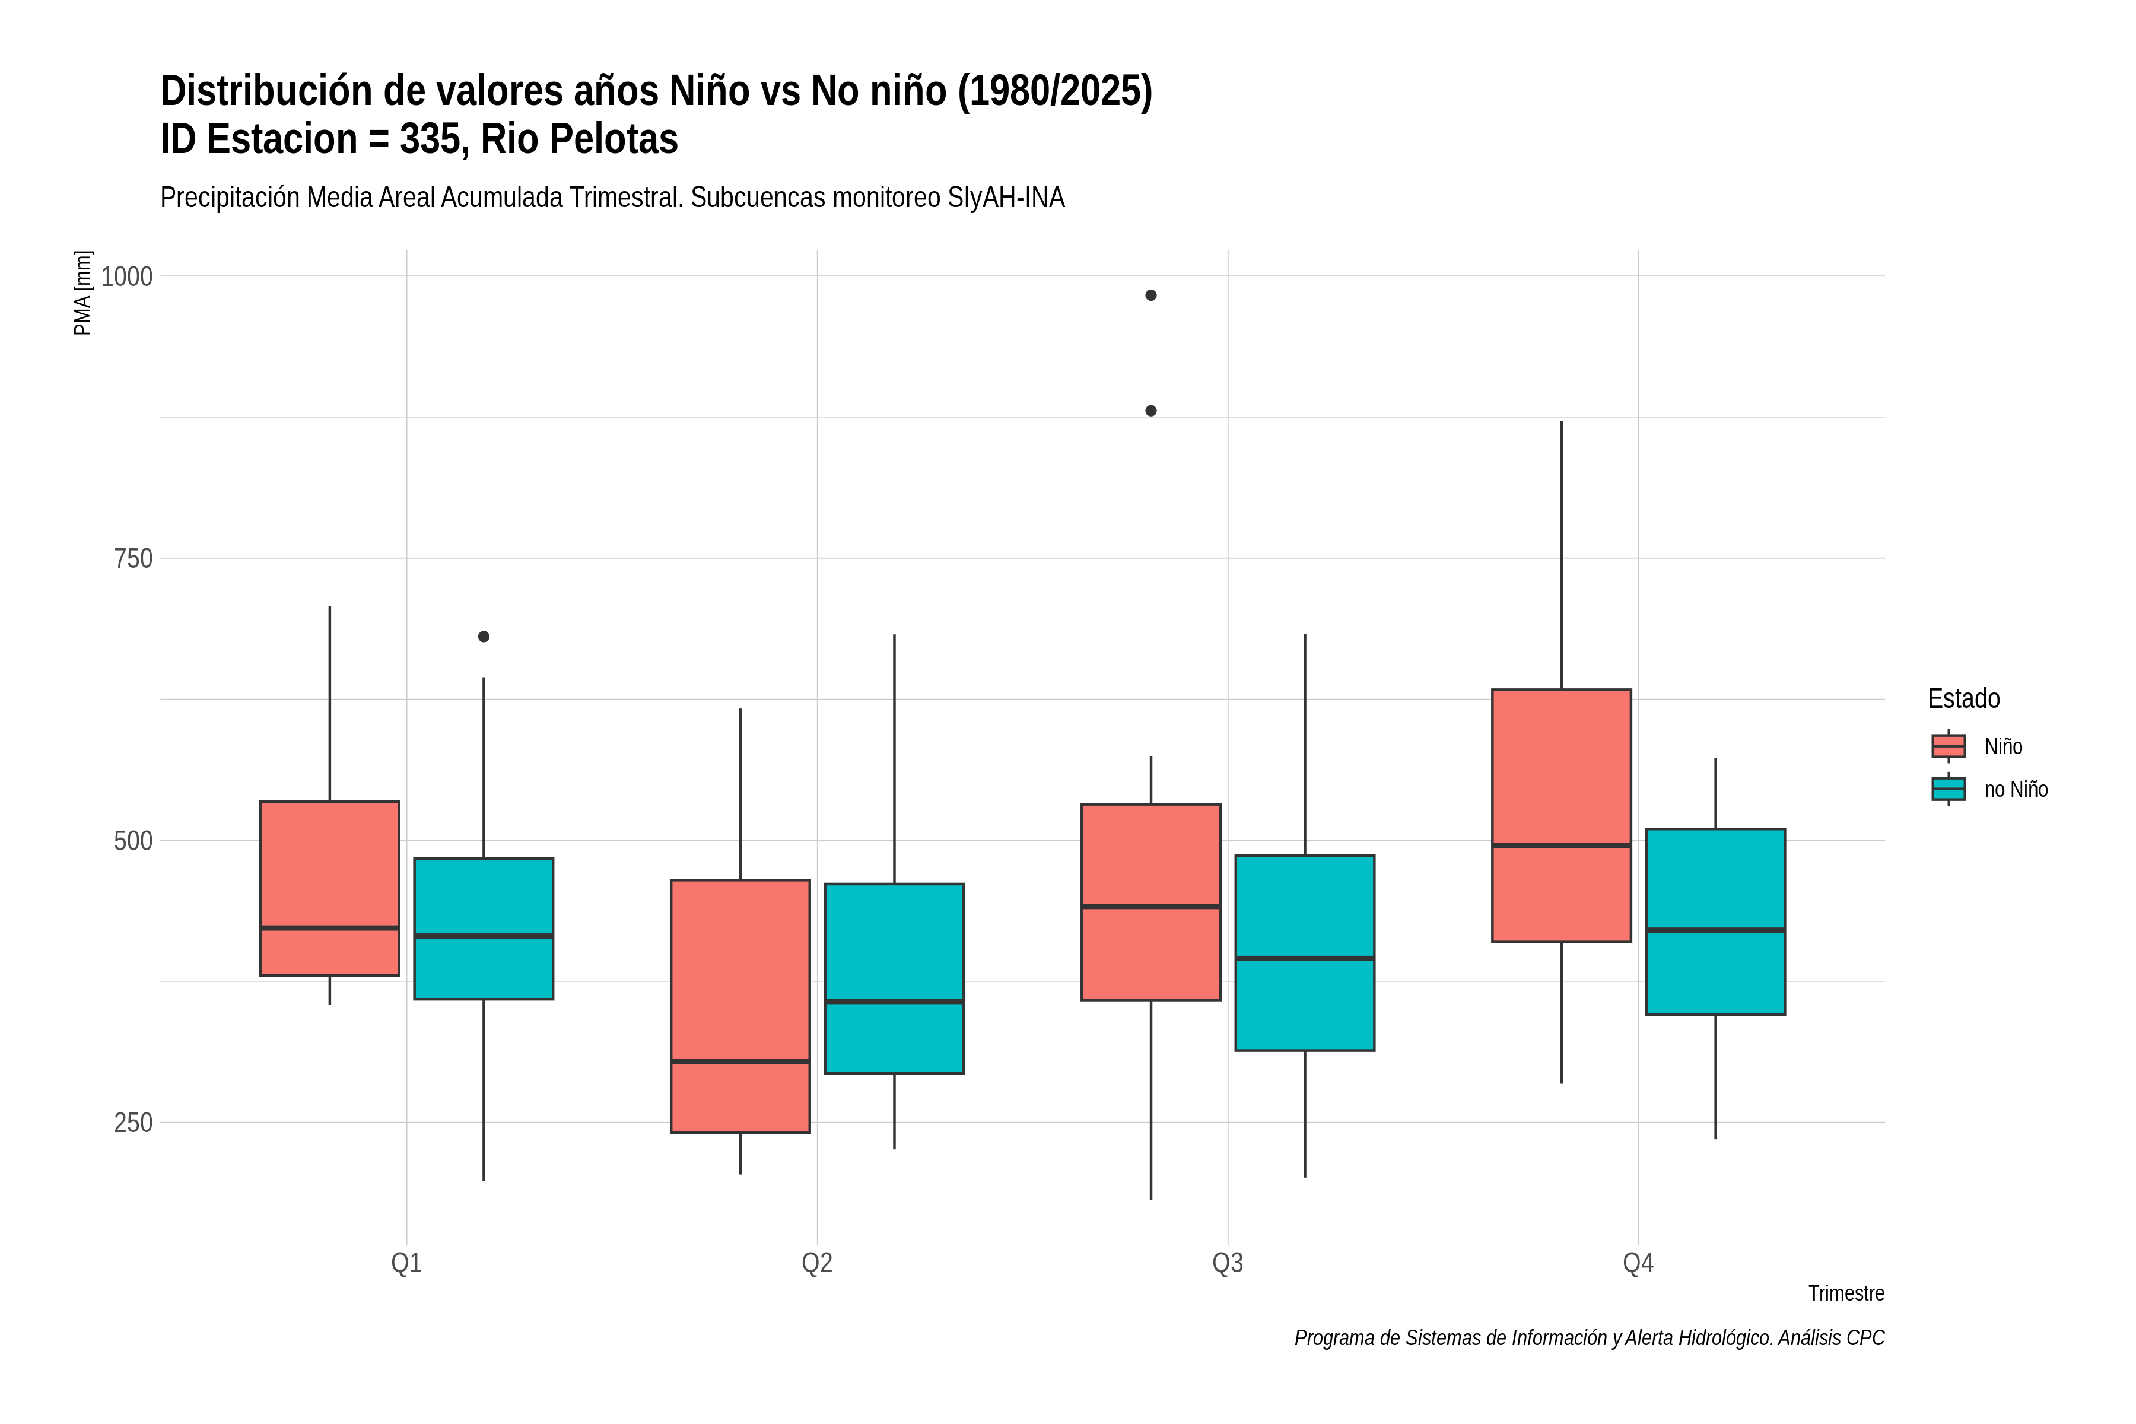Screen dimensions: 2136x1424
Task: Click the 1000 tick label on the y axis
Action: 126,276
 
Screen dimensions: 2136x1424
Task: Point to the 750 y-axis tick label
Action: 133,558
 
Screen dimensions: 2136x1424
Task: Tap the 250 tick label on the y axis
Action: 133,1123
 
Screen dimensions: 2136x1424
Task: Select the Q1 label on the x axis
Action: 407,1263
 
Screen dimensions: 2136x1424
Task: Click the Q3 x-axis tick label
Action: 1228,1263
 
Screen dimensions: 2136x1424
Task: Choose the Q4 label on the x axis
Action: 1638,1263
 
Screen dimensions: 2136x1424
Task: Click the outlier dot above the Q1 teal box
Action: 484,637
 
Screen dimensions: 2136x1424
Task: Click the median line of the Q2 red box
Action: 740,1061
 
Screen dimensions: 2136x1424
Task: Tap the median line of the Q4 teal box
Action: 1715,930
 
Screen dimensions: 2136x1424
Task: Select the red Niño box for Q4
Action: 1562,815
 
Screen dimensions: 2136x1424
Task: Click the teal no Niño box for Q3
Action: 1305,953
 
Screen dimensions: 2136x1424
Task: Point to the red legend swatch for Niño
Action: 1949,746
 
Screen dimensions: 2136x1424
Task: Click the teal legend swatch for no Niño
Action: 1949,789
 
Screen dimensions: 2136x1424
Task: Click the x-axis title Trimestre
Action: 1846,1293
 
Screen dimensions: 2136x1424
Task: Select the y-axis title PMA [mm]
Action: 82,293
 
